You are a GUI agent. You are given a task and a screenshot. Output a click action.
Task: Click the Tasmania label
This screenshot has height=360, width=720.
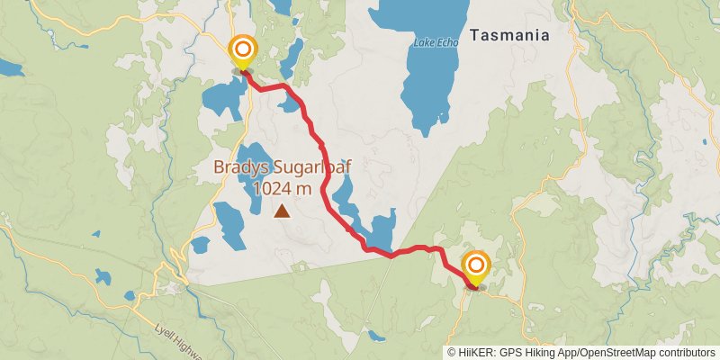[508, 36]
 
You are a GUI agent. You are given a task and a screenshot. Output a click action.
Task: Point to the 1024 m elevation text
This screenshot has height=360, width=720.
[283, 188]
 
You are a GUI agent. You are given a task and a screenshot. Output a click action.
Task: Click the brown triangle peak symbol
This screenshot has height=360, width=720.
[283, 211]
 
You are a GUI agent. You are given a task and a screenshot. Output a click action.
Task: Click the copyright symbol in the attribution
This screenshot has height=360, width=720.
[451, 353]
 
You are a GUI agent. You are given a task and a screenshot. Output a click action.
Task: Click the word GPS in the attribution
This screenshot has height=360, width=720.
[508, 353]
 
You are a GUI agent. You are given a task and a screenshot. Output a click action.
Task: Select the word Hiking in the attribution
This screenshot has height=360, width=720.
[539, 353]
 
